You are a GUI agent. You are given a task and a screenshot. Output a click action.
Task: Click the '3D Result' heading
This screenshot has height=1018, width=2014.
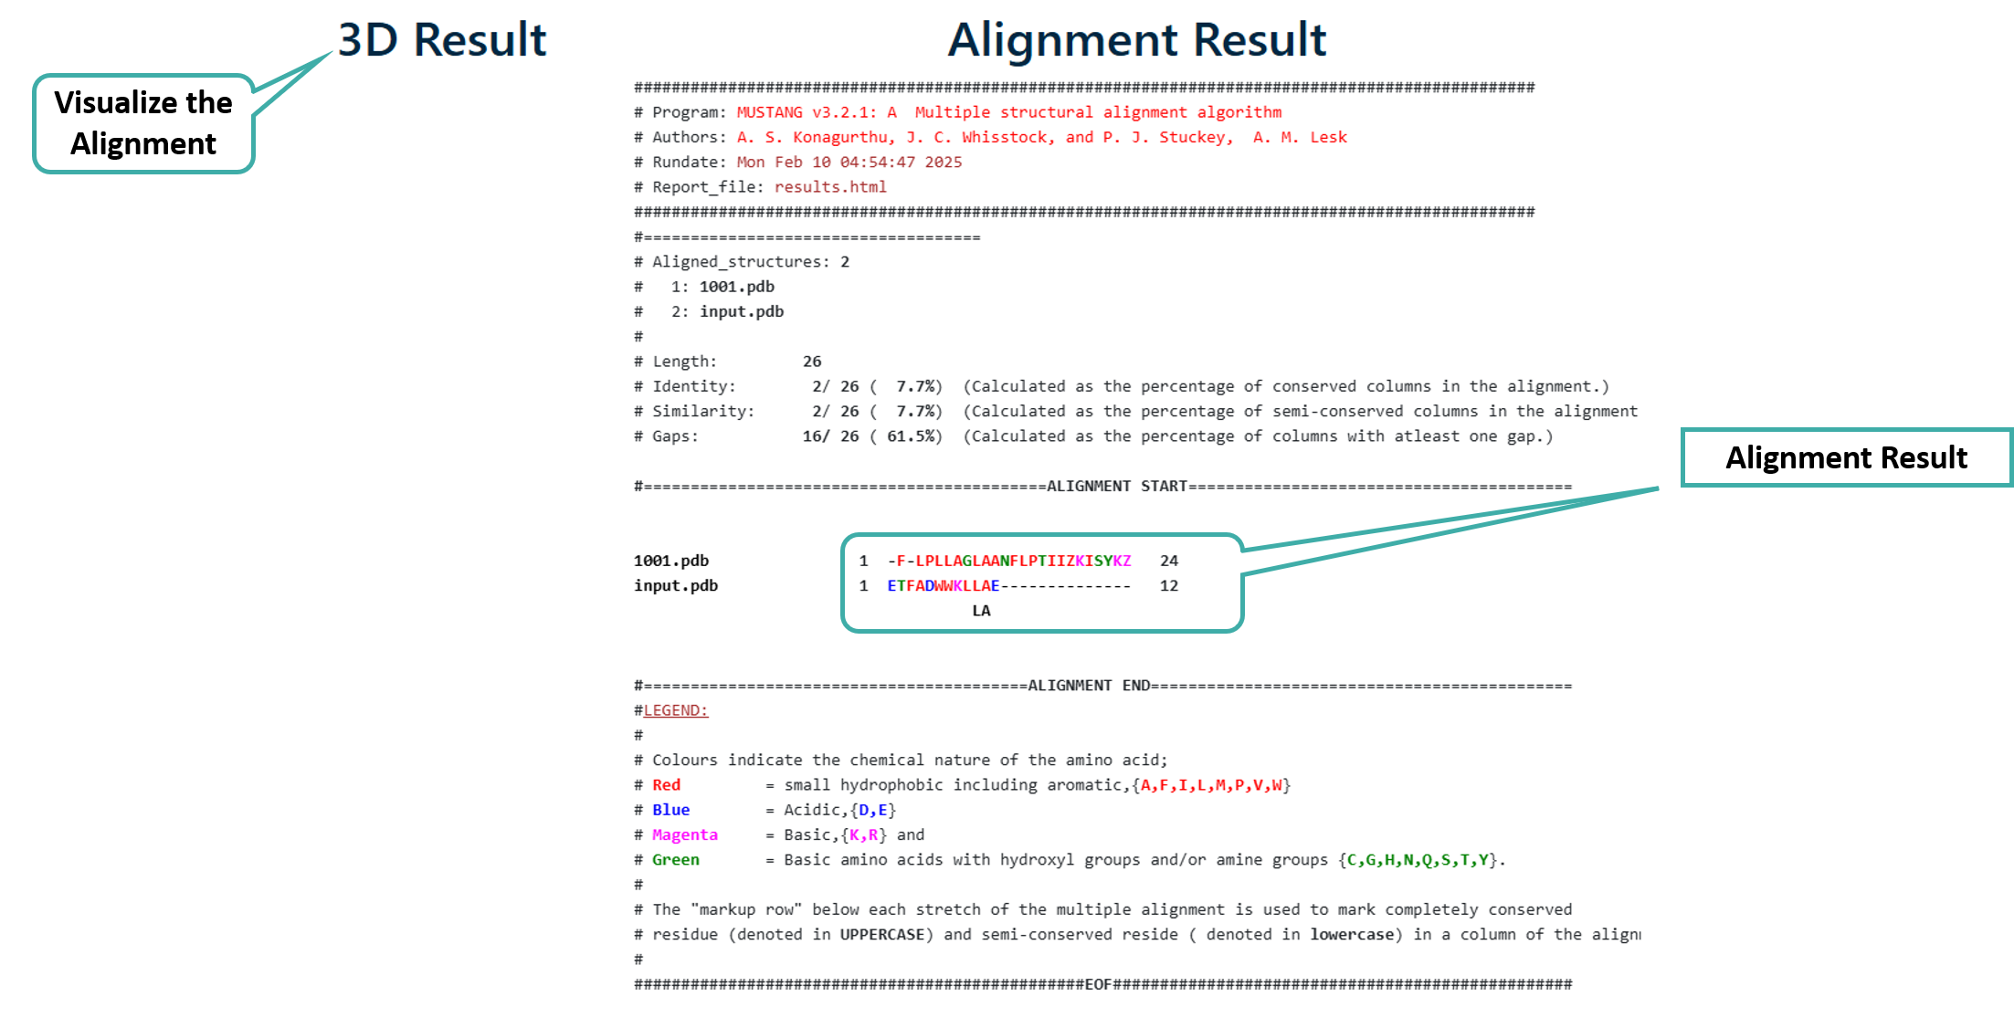click(442, 40)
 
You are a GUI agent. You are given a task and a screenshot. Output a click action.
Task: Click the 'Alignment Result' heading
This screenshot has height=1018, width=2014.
click(1136, 40)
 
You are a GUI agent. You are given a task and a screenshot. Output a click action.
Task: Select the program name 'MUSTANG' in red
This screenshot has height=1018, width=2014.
click(769, 112)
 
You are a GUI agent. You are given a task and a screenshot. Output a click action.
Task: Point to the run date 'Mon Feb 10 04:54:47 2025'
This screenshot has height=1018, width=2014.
click(849, 162)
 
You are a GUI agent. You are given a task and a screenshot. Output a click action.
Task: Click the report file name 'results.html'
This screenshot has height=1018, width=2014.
click(829, 187)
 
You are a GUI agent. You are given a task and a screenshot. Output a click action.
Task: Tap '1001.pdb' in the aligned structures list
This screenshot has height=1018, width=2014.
click(736, 287)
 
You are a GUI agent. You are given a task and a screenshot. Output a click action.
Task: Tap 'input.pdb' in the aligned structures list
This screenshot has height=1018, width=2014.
click(741, 311)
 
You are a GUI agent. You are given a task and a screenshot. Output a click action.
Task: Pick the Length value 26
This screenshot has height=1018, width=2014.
click(811, 362)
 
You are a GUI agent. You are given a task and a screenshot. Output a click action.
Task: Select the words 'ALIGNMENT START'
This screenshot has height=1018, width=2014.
click(1115, 486)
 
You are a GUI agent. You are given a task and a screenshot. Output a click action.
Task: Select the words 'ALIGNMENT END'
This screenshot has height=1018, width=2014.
click(1088, 686)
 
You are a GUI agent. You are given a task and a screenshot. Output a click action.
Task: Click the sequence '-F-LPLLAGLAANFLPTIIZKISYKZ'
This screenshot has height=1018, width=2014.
click(1008, 561)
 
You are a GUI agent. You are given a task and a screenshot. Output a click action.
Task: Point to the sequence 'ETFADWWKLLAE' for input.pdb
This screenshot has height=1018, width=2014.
click(943, 586)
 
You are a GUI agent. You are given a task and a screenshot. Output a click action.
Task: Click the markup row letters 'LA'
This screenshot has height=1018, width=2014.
click(981, 611)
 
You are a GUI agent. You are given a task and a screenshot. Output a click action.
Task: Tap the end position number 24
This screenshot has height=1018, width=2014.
click(1168, 561)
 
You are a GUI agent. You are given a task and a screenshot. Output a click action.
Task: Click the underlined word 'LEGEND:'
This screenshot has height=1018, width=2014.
click(675, 710)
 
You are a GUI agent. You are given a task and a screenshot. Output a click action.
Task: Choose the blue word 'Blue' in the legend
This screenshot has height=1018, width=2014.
click(670, 810)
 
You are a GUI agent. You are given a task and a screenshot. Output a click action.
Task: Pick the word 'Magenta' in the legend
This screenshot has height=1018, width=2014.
click(684, 834)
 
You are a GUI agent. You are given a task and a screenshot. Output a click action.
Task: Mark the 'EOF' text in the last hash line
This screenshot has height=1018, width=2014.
click(1098, 984)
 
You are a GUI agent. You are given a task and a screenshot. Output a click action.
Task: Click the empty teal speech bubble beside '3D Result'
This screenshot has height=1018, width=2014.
click(143, 124)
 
